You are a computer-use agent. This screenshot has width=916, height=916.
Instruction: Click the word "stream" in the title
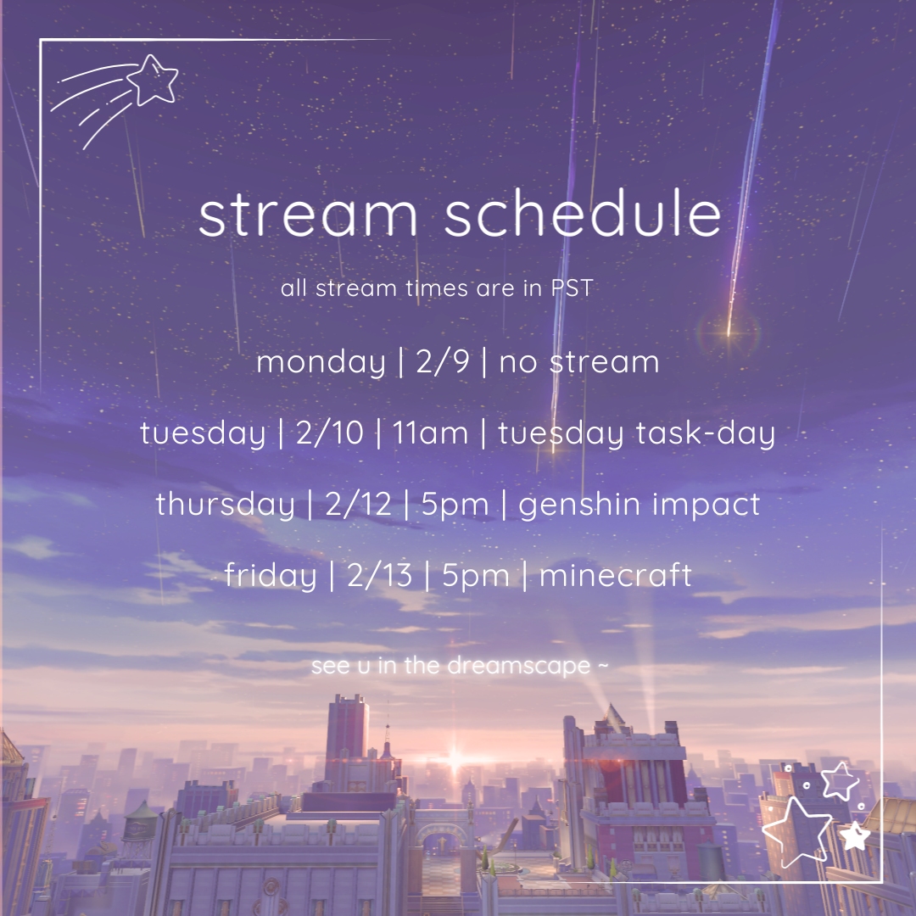point(309,215)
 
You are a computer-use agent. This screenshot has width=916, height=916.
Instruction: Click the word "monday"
point(321,363)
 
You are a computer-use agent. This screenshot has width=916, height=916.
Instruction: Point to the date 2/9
point(442,361)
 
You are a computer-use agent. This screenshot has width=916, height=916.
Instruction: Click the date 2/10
point(329,433)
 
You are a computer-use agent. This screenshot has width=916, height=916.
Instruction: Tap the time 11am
point(430,433)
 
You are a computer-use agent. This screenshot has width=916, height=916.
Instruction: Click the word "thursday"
point(225,504)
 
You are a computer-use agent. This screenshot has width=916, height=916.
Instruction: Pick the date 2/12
point(358,504)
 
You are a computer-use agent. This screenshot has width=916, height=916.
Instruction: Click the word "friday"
point(271,575)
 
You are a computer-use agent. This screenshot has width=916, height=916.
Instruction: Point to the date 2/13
point(380,575)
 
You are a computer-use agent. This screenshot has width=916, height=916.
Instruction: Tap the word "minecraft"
point(615,575)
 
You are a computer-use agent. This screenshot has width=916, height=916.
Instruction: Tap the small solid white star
point(855,836)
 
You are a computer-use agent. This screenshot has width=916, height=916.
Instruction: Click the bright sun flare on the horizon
point(455,760)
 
